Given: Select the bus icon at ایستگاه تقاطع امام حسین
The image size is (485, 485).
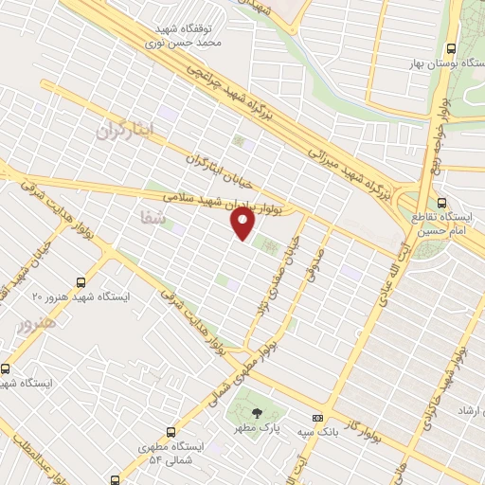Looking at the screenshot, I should tap(442, 202).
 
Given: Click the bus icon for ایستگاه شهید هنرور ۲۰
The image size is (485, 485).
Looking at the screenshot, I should tap(80, 281).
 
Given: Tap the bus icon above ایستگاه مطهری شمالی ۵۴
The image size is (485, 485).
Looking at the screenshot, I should tap(171, 430).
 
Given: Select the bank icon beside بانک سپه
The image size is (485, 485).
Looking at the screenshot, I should tap(317, 417).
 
